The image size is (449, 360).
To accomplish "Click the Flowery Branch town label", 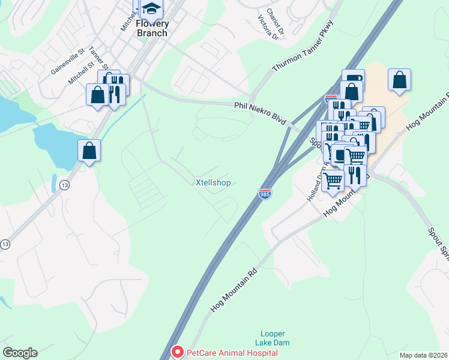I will point(152,28).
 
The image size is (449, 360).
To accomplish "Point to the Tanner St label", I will point(98,58).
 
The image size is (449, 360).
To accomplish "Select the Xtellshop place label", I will point(213,182).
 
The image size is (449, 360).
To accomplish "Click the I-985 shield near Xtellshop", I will point(264,194).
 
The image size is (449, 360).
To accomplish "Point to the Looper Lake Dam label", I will point(273,338).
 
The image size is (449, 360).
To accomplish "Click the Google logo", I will point(20,353).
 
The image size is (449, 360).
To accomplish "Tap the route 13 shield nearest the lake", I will point(64,186).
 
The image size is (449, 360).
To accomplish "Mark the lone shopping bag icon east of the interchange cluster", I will point(399,80).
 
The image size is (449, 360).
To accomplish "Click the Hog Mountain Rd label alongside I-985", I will point(235,291).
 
